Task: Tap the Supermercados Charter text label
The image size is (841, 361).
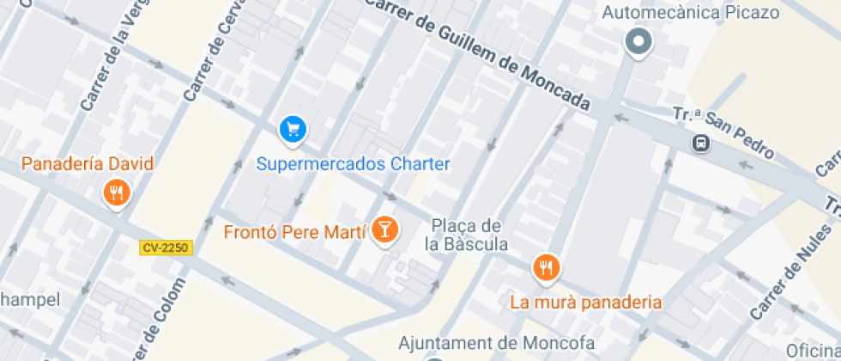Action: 354,163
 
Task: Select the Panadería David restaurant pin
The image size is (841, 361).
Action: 117,193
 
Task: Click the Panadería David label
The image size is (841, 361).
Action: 88,163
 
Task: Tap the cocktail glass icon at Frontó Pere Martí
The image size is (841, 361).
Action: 387,229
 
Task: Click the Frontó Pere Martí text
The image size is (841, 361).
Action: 294,232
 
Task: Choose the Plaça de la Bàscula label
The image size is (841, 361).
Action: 465,235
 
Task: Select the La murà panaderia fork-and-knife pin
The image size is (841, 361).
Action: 546,268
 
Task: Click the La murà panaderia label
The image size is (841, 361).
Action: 586,302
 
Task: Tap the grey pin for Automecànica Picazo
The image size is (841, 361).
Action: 638,41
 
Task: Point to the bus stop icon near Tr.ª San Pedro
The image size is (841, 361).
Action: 701,143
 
